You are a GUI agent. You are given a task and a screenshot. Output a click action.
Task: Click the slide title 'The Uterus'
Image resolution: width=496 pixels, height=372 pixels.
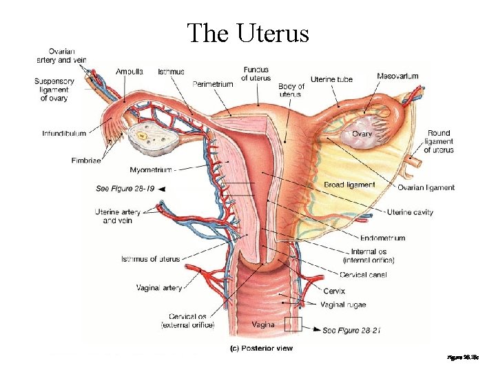click(248, 32)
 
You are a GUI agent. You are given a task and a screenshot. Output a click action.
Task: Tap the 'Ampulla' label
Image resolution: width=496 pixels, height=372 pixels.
click(130, 72)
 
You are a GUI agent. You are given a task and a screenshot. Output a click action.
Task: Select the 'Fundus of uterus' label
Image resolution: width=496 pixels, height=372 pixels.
click(256, 74)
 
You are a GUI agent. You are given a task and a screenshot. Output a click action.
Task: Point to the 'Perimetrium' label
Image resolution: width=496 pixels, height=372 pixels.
click(213, 84)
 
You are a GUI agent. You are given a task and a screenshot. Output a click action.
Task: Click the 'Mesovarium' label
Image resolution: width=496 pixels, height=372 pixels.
click(397, 76)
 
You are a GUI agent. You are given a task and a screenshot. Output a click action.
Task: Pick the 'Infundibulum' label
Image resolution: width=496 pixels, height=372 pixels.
click(63, 133)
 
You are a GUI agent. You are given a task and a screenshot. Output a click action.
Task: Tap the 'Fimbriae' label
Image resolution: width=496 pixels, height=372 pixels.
click(86, 161)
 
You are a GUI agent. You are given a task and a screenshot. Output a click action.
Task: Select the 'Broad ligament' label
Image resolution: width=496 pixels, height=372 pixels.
click(349, 185)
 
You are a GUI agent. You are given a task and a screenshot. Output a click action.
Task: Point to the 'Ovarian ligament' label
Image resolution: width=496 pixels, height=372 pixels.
click(426, 187)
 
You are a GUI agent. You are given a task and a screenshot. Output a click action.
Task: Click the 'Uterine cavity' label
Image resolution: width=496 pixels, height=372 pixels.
click(410, 212)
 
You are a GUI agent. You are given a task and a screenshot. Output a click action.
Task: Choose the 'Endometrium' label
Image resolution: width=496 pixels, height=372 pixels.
click(382, 238)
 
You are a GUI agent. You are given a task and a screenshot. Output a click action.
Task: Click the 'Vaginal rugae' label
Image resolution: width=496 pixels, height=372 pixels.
click(344, 304)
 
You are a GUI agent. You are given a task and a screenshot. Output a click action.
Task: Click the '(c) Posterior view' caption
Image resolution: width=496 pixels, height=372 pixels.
click(261, 349)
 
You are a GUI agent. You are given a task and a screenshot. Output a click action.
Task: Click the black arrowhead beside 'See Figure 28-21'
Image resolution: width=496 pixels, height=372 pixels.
click(316, 330)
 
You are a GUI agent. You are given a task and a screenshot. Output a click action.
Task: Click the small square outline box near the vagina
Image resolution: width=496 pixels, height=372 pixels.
click(295, 322)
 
